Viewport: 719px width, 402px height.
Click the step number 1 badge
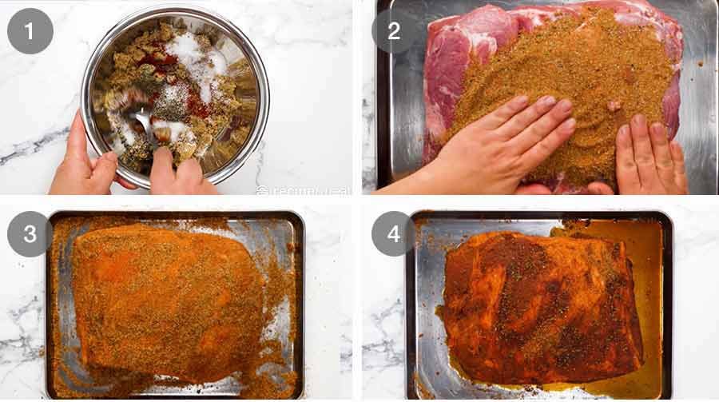30,31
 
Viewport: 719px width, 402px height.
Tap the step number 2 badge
394,31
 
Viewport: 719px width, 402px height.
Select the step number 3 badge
30,233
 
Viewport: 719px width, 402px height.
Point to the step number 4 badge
394,233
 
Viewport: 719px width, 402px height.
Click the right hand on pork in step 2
647,156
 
